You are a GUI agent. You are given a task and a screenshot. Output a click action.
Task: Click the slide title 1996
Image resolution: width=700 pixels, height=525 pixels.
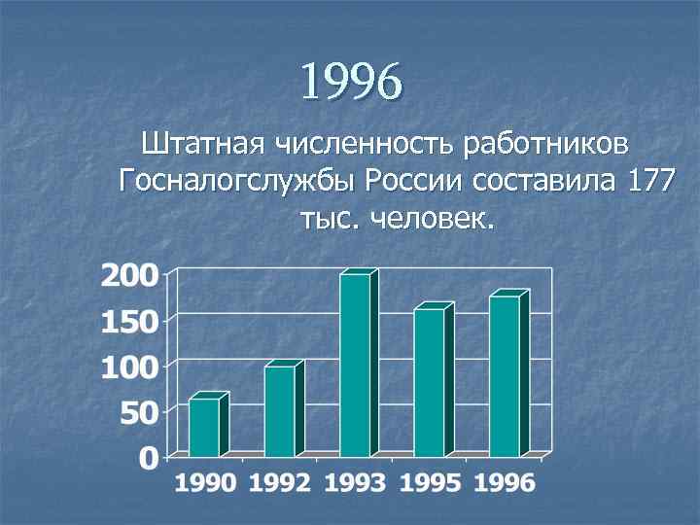point(350,82)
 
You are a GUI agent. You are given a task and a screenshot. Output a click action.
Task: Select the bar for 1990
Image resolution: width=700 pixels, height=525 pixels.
point(204,427)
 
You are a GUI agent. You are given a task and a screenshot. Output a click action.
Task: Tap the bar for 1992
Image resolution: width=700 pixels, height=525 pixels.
point(280,410)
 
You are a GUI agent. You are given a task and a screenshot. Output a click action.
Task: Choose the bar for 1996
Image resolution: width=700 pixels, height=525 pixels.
point(505,376)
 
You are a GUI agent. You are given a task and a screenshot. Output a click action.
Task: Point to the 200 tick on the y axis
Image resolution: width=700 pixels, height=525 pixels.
point(130,275)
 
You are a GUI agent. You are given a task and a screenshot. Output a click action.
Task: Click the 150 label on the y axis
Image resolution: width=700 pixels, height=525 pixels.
point(130,321)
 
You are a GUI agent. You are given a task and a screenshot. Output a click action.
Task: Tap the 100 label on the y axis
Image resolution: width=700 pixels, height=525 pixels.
point(130,367)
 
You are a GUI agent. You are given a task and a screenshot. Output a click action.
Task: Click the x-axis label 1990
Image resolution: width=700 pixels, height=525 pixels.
point(206,483)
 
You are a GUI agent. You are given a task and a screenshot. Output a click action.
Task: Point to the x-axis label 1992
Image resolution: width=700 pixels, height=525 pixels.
point(281,483)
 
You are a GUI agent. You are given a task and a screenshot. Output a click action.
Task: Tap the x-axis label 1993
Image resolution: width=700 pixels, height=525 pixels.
point(356,483)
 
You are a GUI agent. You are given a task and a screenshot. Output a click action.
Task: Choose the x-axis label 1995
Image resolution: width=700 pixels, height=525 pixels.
point(431,483)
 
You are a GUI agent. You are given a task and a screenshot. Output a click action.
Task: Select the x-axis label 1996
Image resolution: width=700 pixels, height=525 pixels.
point(505,483)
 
